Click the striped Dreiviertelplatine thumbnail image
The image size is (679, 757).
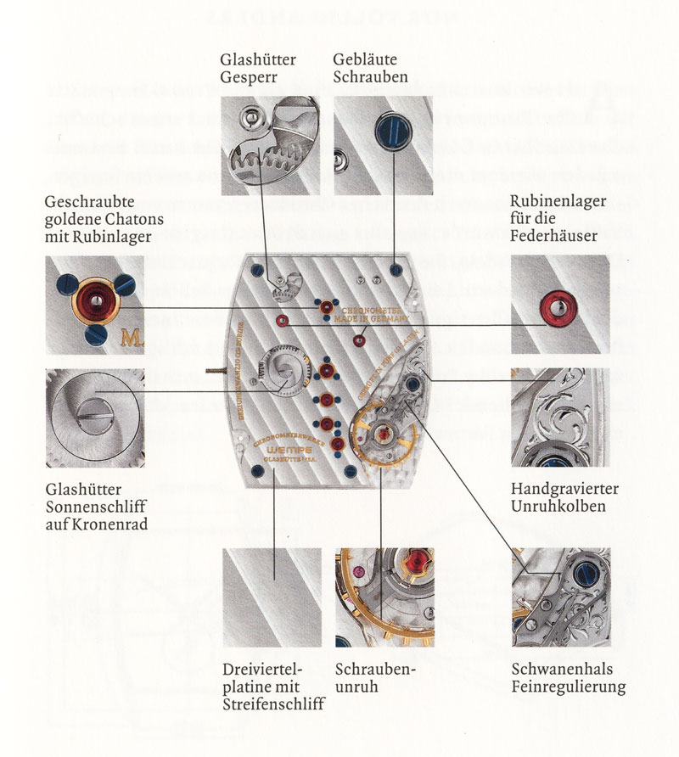(x=272, y=597)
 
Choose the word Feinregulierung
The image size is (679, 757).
(x=568, y=686)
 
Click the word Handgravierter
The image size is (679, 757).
(x=564, y=490)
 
